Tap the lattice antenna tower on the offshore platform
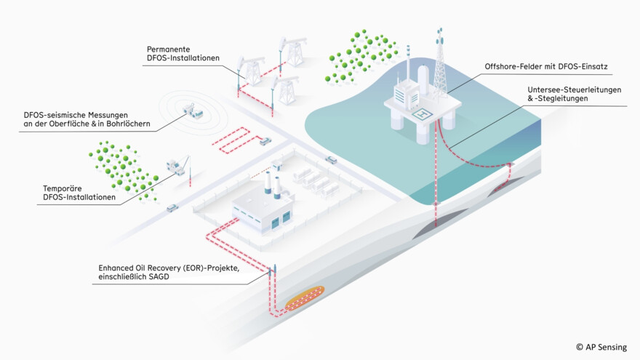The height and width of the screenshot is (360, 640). coord(440,62)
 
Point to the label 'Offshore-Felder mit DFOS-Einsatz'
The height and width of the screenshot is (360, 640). coord(545,67)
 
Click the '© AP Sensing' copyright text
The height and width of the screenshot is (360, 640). coord(601,347)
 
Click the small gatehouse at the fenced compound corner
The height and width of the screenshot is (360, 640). coord(276,167)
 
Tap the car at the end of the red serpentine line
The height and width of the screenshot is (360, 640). coord(266,141)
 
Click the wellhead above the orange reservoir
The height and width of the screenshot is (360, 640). coord(273,272)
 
